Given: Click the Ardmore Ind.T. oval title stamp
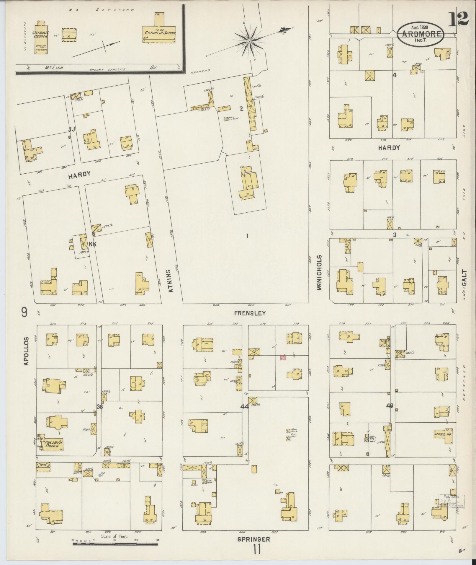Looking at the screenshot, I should (421, 34).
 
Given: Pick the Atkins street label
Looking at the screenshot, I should (170, 280).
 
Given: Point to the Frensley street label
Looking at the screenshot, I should (250, 313).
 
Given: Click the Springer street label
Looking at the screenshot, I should (254, 539).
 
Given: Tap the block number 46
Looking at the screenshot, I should (390, 406).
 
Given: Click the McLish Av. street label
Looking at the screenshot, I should (100, 68).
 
